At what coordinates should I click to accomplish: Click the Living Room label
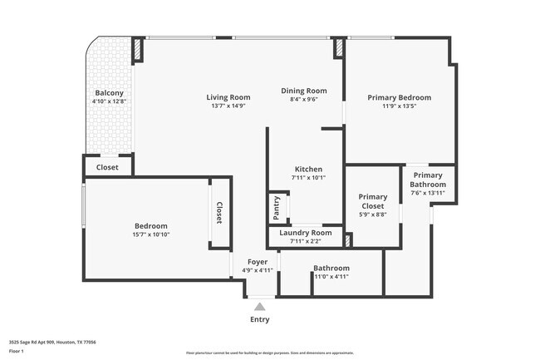click(228, 97)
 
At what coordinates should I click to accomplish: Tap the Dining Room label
click(303, 91)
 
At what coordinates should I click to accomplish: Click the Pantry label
click(276, 208)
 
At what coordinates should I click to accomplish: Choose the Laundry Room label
click(305, 233)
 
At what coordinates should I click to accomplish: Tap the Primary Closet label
click(372, 201)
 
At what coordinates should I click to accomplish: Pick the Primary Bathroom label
click(428, 180)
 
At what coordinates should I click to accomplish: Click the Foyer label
click(257, 262)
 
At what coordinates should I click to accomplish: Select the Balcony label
click(109, 93)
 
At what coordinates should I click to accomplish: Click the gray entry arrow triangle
click(259, 307)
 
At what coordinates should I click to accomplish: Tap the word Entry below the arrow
click(259, 319)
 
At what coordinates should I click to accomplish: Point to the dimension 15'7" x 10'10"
click(151, 234)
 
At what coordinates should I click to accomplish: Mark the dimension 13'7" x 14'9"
click(228, 106)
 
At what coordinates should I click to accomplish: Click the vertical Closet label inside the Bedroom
click(219, 213)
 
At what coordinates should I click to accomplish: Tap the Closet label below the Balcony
click(107, 167)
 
